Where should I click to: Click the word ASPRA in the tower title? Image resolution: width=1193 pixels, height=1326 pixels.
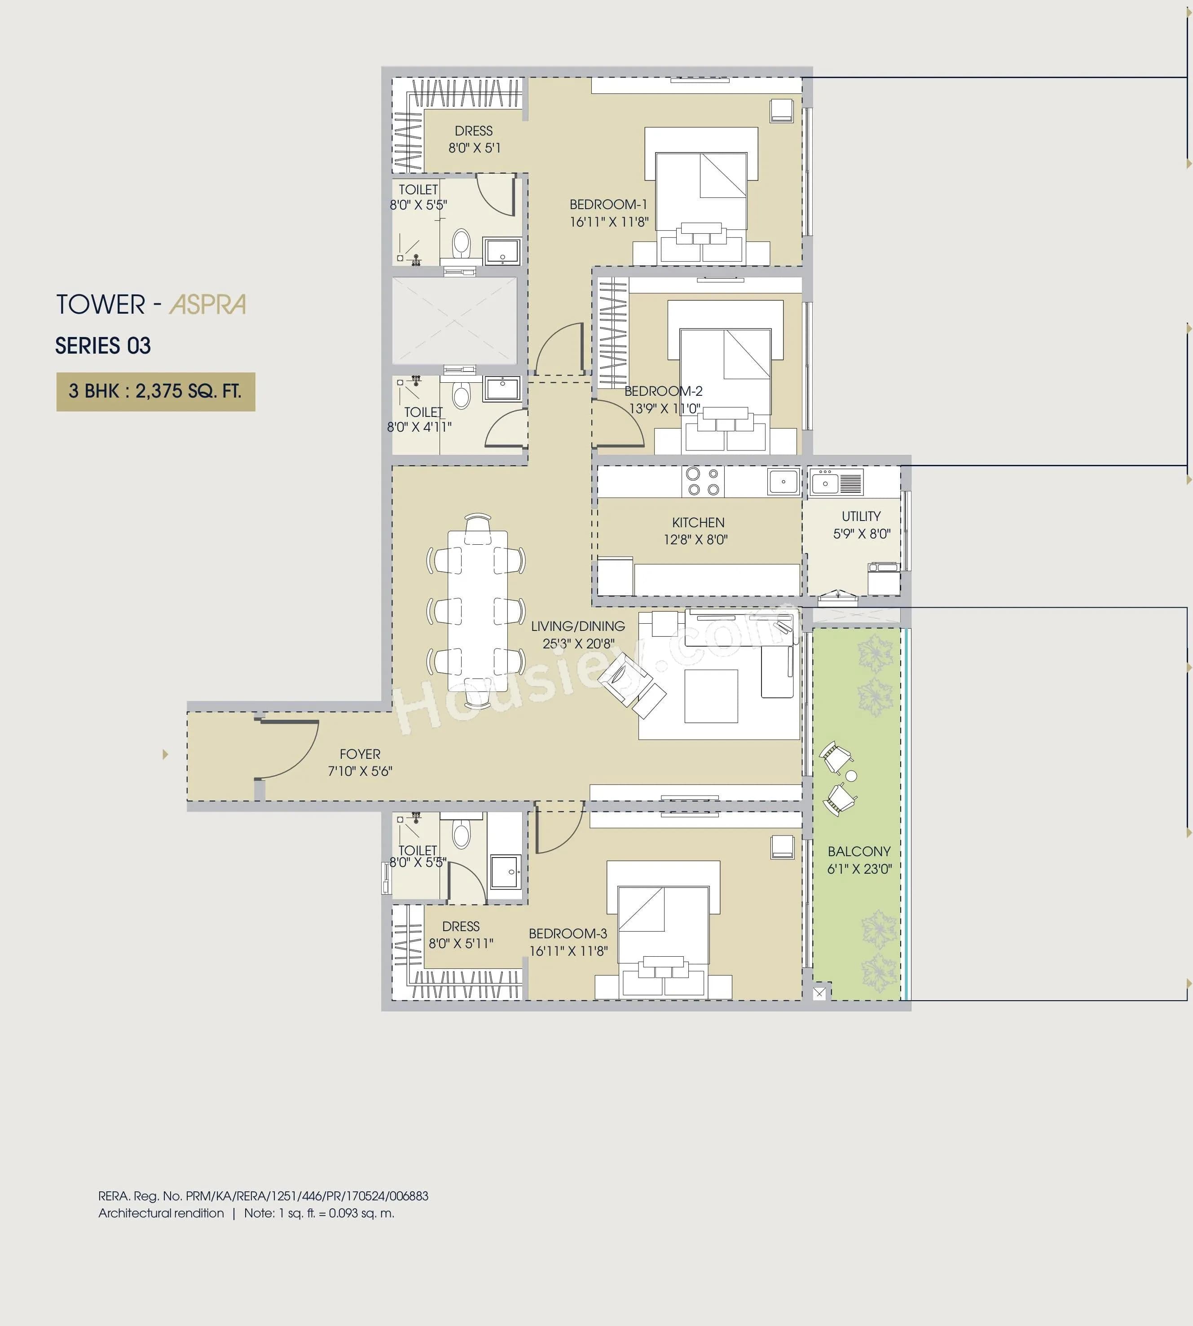[208, 305]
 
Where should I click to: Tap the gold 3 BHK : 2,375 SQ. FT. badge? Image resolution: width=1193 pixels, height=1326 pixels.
[155, 392]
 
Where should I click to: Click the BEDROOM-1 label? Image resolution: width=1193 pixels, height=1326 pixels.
[608, 205]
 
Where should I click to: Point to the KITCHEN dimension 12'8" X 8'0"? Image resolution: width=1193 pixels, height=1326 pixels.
[696, 540]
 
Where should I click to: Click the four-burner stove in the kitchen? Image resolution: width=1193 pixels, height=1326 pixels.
[703, 481]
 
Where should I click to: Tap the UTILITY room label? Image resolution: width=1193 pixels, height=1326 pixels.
[861, 516]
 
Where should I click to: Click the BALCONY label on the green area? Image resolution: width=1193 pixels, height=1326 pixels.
[858, 852]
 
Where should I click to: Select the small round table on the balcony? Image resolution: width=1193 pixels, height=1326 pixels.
[851, 776]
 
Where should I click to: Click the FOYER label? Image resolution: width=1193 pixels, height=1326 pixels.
[360, 754]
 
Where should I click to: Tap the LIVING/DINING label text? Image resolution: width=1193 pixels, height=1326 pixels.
[577, 626]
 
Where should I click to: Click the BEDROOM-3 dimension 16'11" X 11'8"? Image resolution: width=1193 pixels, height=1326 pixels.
[568, 950]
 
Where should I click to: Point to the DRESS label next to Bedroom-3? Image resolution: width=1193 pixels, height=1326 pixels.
[461, 926]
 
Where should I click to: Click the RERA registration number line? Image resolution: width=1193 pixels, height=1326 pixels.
[263, 1195]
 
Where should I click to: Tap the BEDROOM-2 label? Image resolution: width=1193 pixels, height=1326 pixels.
[663, 391]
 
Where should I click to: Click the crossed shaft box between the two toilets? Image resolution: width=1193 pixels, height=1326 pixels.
[454, 320]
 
